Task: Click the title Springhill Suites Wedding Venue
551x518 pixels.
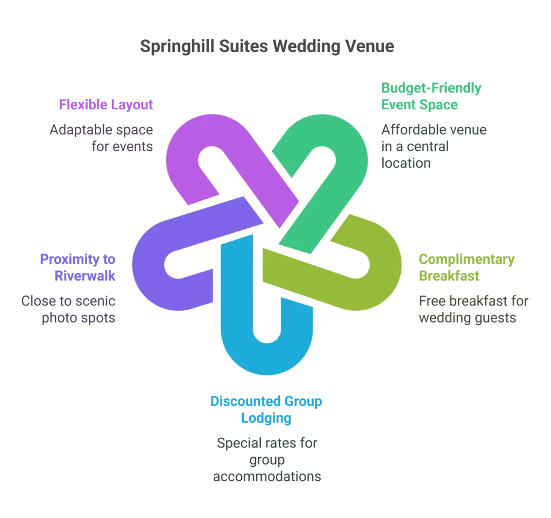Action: pyautogui.click(x=267, y=46)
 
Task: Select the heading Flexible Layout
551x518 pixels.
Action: pyautogui.click(x=106, y=104)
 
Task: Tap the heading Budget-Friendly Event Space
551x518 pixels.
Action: pyautogui.click(x=431, y=96)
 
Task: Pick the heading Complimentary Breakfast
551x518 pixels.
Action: pyautogui.click(x=467, y=268)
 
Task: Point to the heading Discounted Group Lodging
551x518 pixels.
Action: pyautogui.click(x=266, y=409)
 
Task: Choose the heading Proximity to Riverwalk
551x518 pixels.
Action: pyautogui.click(x=77, y=268)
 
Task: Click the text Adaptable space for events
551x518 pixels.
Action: pyautogui.click(x=101, y=138)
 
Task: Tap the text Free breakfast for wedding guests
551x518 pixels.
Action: pyautogui.click(x=474, y=309)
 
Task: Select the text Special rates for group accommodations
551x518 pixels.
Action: pyautogui.click(x=267, y=460)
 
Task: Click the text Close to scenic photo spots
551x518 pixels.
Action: pyautogui.click(x=68, y=309)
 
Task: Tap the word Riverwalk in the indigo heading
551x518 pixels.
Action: pyautogui.click(x=85, y=276)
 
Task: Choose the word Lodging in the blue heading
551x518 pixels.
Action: pyautogui.click(x=266, y=418)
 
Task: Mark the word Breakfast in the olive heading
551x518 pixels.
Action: pyautogui.click(x=449, y=276)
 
